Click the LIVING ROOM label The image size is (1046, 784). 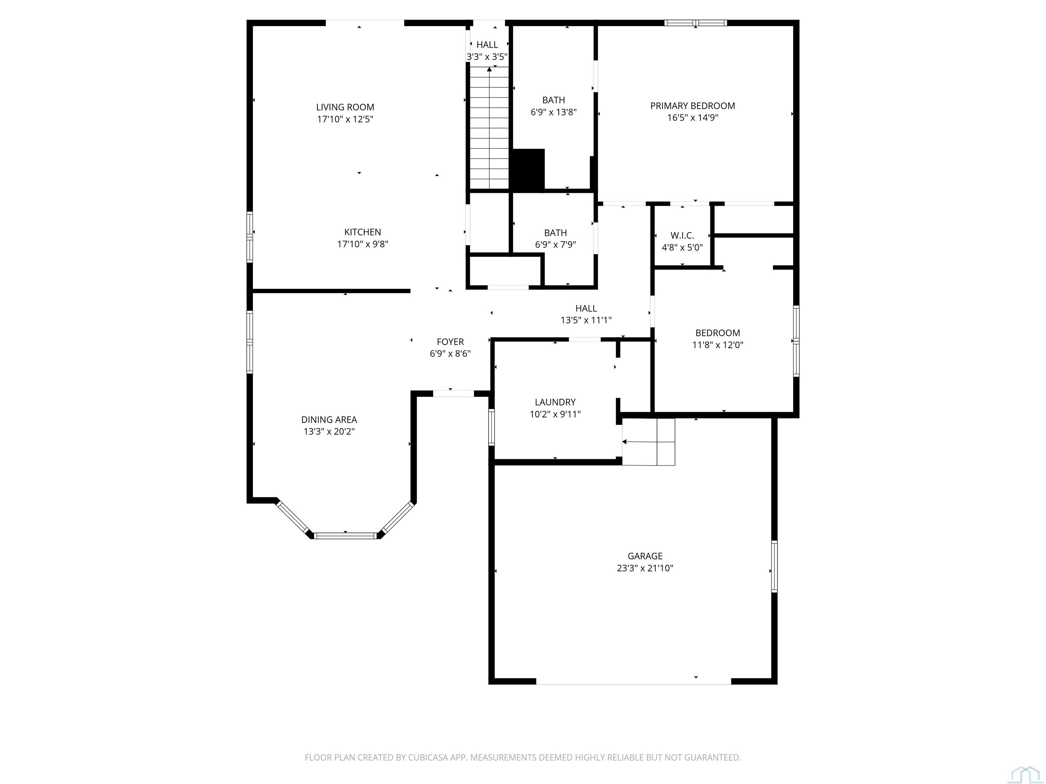pyautogui.click(x=345, y=107)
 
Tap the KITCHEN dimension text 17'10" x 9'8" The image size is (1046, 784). pyautogui.click(x=363, y=244)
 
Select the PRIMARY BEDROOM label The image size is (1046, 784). pyautogui.click(x=693, y=106)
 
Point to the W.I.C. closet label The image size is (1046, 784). pyautogui.click(x=682, y=235)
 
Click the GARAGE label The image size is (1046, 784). pyautogui.click(x=645, y=556)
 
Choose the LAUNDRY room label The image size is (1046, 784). pyautogui.click(x=555, y=402)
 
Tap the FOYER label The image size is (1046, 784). pyautogui.click(x=450, y=342)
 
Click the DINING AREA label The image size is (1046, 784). pyautogui.click(x=329, y=420)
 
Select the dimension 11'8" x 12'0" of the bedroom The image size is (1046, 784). pyautogui.click(x=718, y=345)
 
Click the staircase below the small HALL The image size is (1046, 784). pyautogui.click(x=489, y=128)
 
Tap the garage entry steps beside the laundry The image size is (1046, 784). pyautogui.click(x=648, y=442)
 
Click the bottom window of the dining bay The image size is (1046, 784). pyautogui.click(x=345, y=535)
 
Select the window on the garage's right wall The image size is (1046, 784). pyautogui.click(x=774, y=567)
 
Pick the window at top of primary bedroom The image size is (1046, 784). pyautogui.click(x=696, y=23)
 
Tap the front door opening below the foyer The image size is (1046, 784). pyautogui.click(x=454, y=394)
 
